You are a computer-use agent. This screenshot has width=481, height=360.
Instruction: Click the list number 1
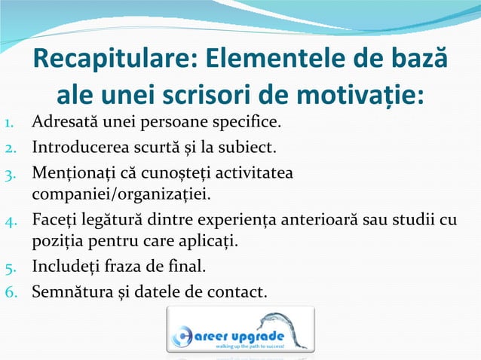click(x=8, y=121)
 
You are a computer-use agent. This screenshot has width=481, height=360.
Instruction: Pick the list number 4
click(x=8, y=221)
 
